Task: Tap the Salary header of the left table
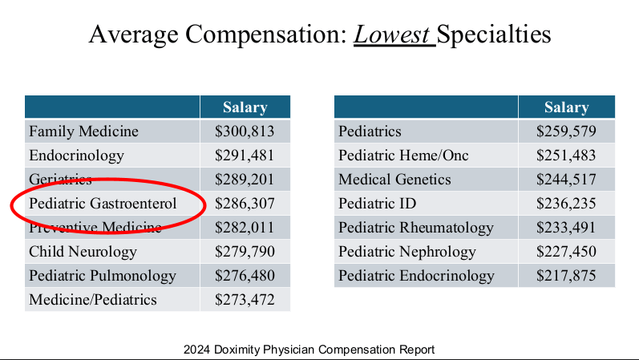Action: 245,107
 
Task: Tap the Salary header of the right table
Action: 566,107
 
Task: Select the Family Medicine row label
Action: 83,131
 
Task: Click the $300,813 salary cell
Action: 245,131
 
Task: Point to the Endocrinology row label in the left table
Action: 76,156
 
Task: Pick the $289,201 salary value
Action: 245,180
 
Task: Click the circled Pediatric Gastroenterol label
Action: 114,204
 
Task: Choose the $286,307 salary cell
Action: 245,204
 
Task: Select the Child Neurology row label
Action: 83,252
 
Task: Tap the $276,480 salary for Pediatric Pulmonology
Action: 245,276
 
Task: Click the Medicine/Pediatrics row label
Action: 93,300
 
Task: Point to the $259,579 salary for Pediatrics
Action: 566,131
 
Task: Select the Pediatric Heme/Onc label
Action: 403,156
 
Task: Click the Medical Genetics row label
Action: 394,180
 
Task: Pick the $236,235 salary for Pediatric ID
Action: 566,204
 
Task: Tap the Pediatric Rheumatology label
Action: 416,228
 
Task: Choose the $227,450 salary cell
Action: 566,252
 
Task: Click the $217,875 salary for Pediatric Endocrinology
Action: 566,276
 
